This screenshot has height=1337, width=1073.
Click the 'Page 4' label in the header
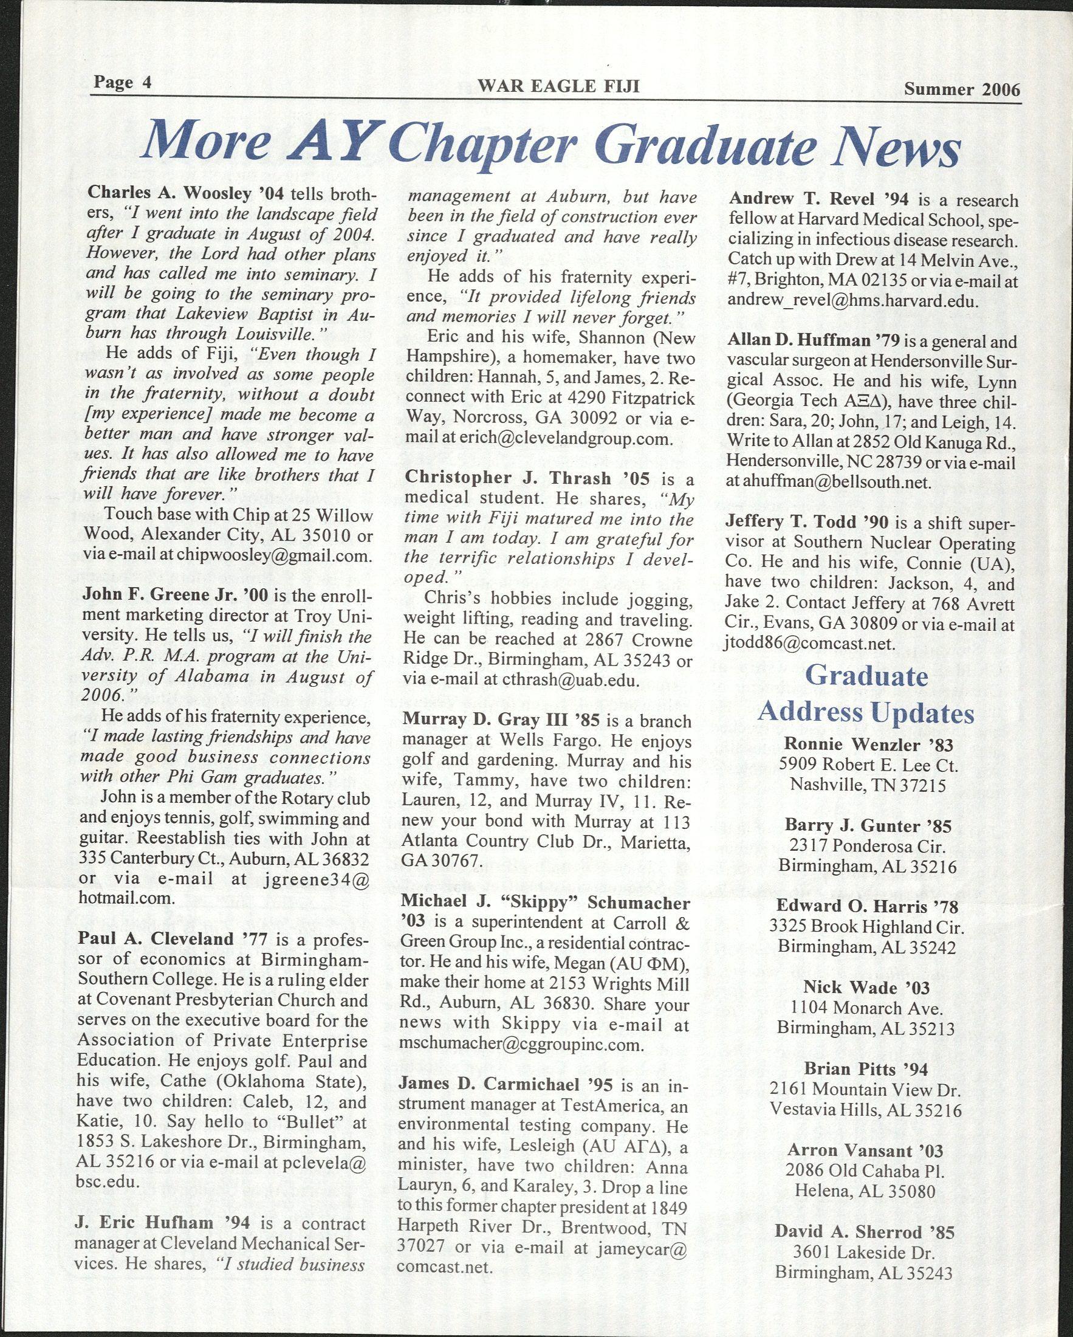point(123,83)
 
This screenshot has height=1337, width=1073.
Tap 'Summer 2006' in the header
point(961,89)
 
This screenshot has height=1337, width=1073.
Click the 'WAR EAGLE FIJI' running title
point(558,86)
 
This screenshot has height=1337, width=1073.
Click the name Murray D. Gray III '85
point(502,721)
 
